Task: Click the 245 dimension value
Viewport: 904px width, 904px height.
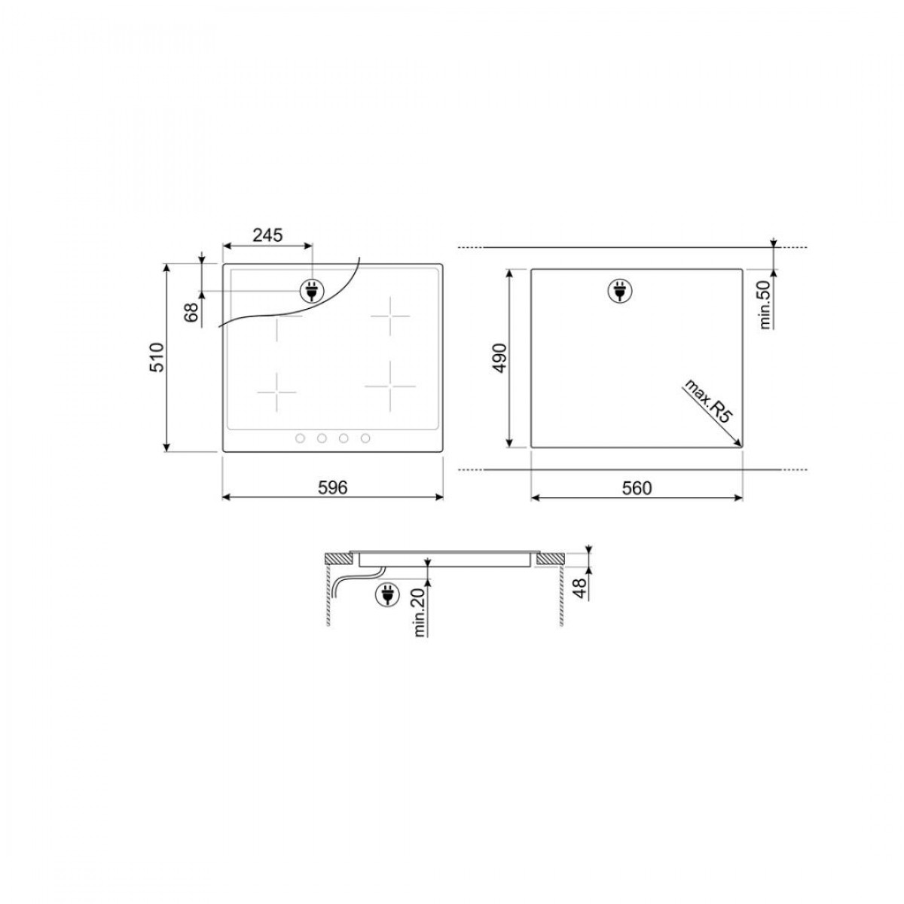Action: click(x=267, y=234)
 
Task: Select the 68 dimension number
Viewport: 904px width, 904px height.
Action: click(x=191, y=313)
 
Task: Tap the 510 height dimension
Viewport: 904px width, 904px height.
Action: click(x=157, y=358)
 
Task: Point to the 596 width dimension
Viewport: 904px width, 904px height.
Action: click(x=333, y=488)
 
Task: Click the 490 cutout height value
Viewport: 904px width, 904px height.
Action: click(x=500, y=359)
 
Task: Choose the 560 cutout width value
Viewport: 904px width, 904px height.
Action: click(x=637, y=488)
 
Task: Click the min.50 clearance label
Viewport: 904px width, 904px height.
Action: click(x=765, y=304)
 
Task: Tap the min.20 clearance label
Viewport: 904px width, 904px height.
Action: click(x=419, y=612)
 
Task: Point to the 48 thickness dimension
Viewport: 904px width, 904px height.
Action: click(x=580, y=588)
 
